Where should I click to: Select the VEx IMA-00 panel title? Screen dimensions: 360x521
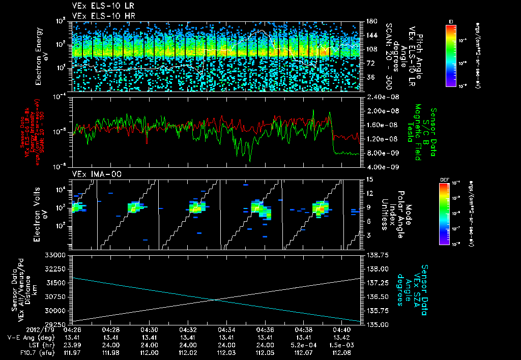92,174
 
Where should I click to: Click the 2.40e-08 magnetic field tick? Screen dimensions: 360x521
380,97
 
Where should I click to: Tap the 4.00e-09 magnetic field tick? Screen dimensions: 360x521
380,167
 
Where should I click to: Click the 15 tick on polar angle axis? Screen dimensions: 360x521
368,179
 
